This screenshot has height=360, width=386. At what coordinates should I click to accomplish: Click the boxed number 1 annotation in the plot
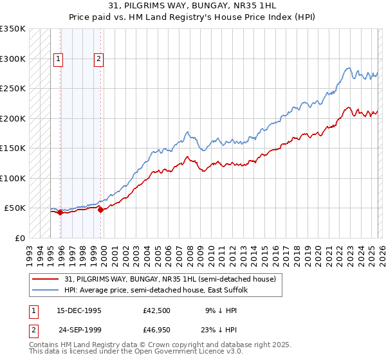[x=58, y=59]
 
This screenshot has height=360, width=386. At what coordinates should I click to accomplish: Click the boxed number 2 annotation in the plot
[x=98, y=59]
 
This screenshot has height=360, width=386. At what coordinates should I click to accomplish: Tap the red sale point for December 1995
[x=60, y=212]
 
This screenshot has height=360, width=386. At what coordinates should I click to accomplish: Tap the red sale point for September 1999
[x=101, y=210]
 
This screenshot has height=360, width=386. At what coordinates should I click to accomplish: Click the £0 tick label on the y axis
[x=19, y=238]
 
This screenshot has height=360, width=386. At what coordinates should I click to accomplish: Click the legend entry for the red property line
[x=170, y=279]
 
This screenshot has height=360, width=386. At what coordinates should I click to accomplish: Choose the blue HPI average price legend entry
[x=160, y=290]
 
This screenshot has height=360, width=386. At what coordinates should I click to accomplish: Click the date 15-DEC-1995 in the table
[x=78, y=310]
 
